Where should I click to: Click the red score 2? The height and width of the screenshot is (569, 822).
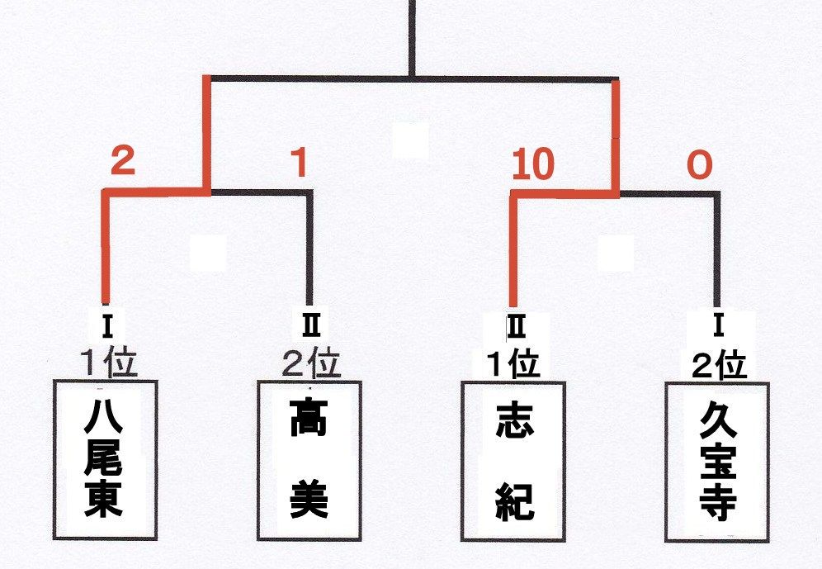123,160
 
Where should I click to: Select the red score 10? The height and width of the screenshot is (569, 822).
532,164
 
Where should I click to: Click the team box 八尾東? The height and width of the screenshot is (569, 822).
106,460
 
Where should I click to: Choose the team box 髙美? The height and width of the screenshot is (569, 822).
309,461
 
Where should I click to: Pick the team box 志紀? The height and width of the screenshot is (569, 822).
513,461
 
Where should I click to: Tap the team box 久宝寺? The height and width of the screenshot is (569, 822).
717,462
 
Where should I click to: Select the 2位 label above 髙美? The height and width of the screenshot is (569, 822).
311,363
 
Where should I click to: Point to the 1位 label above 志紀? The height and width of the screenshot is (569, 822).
513,363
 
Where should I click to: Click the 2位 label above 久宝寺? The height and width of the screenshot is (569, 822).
719,365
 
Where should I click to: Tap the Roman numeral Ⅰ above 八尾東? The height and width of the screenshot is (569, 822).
107,326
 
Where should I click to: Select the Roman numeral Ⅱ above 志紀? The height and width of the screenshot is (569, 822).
516,326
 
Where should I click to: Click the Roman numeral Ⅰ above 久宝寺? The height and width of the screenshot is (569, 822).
718,326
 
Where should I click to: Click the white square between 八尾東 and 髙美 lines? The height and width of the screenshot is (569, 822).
209,252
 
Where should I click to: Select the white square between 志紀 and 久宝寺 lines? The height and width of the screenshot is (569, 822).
616,252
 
